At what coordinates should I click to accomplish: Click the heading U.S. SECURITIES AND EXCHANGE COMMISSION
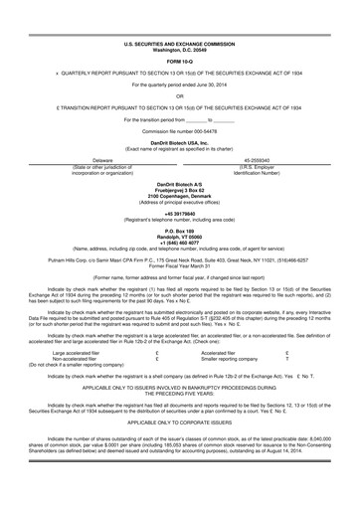[180, 46]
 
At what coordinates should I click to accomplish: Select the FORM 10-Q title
[180, 63]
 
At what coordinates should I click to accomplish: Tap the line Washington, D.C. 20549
[180, 52]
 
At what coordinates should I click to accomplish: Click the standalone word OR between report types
[180, 96]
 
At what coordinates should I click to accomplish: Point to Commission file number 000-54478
[180, 131]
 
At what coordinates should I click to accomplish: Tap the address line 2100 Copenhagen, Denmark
[180, 195]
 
